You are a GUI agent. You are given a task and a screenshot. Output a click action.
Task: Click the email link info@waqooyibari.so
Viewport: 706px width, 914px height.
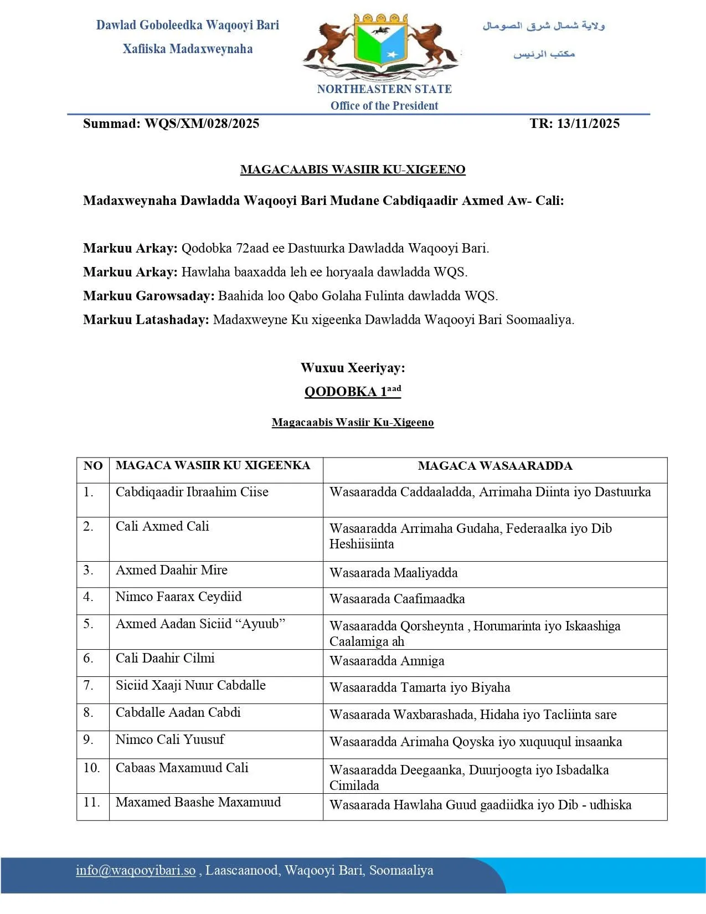click(x=136, y=870)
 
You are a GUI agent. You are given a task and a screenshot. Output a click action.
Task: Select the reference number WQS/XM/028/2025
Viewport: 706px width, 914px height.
click(x=202, y=124)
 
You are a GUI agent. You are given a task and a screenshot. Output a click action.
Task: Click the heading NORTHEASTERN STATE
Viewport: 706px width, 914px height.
click(x=384, y=89)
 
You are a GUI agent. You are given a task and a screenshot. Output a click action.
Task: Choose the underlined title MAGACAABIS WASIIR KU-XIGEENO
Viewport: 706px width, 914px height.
click(x=353, y=170)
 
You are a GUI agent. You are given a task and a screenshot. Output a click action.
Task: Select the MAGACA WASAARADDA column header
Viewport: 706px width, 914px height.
click(x=495, y=466)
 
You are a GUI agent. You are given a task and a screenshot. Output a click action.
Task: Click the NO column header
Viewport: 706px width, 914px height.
click(x=93, y=466)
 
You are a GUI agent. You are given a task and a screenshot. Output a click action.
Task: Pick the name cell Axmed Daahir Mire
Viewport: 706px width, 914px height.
click(x=172, y=570)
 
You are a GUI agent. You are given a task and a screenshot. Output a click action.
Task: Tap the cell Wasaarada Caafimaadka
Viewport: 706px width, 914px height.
click(x=397, y=599)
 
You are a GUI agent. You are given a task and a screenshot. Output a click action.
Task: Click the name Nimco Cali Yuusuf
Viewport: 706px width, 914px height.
click(x=170, y=740)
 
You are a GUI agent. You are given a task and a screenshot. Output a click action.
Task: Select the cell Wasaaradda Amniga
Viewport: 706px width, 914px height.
click(x=387, y=661)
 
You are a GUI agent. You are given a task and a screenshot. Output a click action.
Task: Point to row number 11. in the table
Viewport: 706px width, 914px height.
click(x=92, y=802)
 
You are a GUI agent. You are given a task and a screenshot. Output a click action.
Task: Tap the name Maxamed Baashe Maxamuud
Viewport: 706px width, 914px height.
click(x=198, y=802)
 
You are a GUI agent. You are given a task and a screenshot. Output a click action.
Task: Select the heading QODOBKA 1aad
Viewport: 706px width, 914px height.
click(x=353, y=391)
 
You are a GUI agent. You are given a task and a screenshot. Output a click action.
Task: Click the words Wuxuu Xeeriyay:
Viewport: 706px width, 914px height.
click(x=353, y=368)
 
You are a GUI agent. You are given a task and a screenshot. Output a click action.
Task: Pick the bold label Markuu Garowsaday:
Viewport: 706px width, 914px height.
click(x=148, y=296)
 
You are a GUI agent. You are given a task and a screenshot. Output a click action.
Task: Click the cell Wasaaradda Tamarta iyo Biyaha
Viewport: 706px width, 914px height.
click(x=420, y=687)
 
